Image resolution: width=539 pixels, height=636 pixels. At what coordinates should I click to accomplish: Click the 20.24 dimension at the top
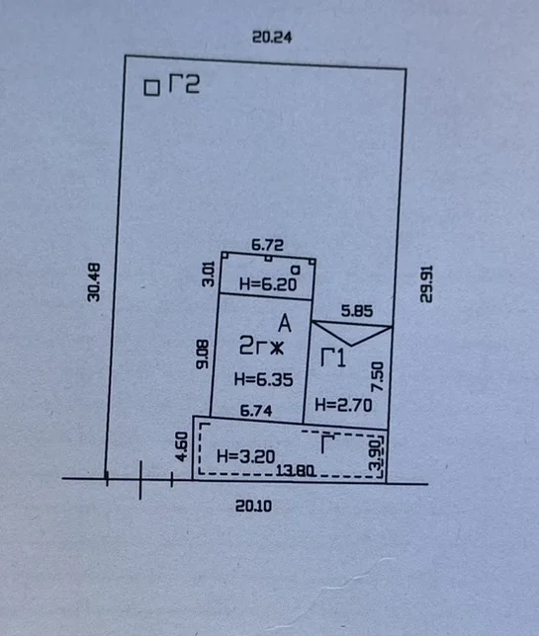[x=272, y=37]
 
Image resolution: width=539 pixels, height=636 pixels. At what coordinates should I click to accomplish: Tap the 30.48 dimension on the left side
[x=94, y=282]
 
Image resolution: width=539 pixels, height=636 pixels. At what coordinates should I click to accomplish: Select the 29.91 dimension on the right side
[x=426, y=284]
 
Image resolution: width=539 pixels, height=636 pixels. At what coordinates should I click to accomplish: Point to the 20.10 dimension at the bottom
[x=253, y=506]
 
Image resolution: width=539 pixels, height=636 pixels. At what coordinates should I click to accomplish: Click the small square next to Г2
[x=152, y=88]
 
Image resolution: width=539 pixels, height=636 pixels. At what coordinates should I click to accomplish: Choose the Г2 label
[x=184, y=84]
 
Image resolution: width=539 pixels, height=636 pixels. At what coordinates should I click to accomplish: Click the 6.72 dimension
[x=267, y=245]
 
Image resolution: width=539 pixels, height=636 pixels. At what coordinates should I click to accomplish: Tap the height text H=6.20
[x=268, y=284]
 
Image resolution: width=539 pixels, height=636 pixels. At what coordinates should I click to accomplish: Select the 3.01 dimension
[x=208, y=275]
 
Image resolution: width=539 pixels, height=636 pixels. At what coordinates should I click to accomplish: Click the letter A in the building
[x=285, y=324]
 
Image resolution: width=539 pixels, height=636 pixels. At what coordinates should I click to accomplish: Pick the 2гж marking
[x=261, y=346]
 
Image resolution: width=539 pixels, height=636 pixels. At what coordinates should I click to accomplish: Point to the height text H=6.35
[x=263, y=379]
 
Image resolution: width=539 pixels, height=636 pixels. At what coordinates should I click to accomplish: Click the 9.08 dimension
[x=203, y=355]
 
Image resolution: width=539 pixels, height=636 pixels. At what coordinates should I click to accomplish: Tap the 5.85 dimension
[x=357, y=311]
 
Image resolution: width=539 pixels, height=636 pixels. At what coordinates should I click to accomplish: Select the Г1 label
[x=333, y=358]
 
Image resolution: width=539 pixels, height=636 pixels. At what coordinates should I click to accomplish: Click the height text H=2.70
[x=343, y=405]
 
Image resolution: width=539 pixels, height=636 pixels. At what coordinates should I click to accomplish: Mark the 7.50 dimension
[x=378, y=376]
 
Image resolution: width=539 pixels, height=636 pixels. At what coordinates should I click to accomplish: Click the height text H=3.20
[x=245, y=456]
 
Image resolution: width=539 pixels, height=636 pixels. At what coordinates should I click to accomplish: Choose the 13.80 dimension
[x=295, y=471]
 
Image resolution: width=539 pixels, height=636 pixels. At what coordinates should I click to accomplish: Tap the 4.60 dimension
[x=182, y=446]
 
